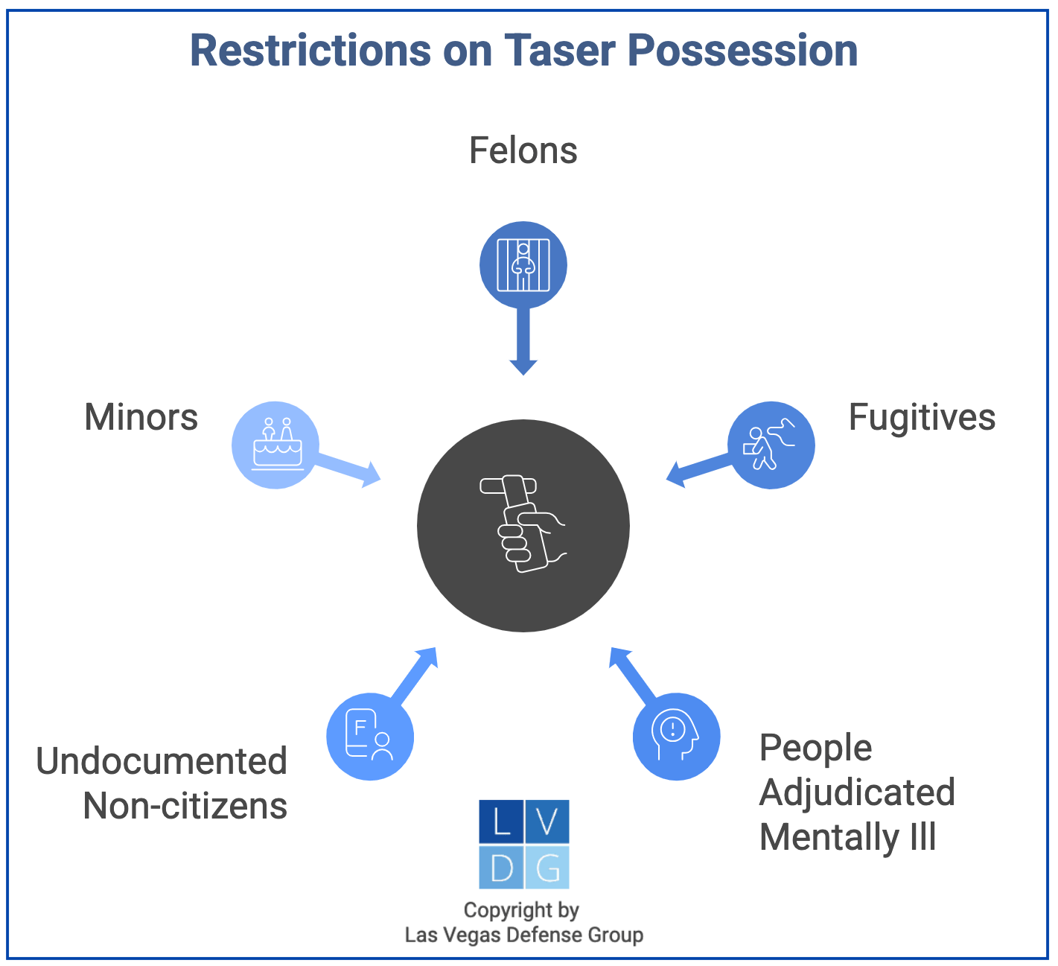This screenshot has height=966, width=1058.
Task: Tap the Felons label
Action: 523,150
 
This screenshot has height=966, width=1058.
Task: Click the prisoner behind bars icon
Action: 523,264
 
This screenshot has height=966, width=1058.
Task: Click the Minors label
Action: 141,417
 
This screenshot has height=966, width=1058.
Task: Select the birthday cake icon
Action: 276,445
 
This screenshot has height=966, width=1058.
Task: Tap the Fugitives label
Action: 922,417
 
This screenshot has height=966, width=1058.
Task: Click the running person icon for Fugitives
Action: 771,445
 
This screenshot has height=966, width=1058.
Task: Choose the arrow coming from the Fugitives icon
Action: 698,469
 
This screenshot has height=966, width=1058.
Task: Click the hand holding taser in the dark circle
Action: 523,525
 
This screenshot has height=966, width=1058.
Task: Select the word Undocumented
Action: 162,761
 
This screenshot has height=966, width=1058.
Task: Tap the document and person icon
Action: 370,737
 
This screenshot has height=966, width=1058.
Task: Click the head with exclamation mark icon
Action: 676,737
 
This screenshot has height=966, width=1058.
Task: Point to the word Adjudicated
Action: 857,792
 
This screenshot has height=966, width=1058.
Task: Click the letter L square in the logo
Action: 501,822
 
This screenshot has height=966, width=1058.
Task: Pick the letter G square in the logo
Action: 547,868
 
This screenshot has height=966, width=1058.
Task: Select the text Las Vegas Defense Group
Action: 523,935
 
